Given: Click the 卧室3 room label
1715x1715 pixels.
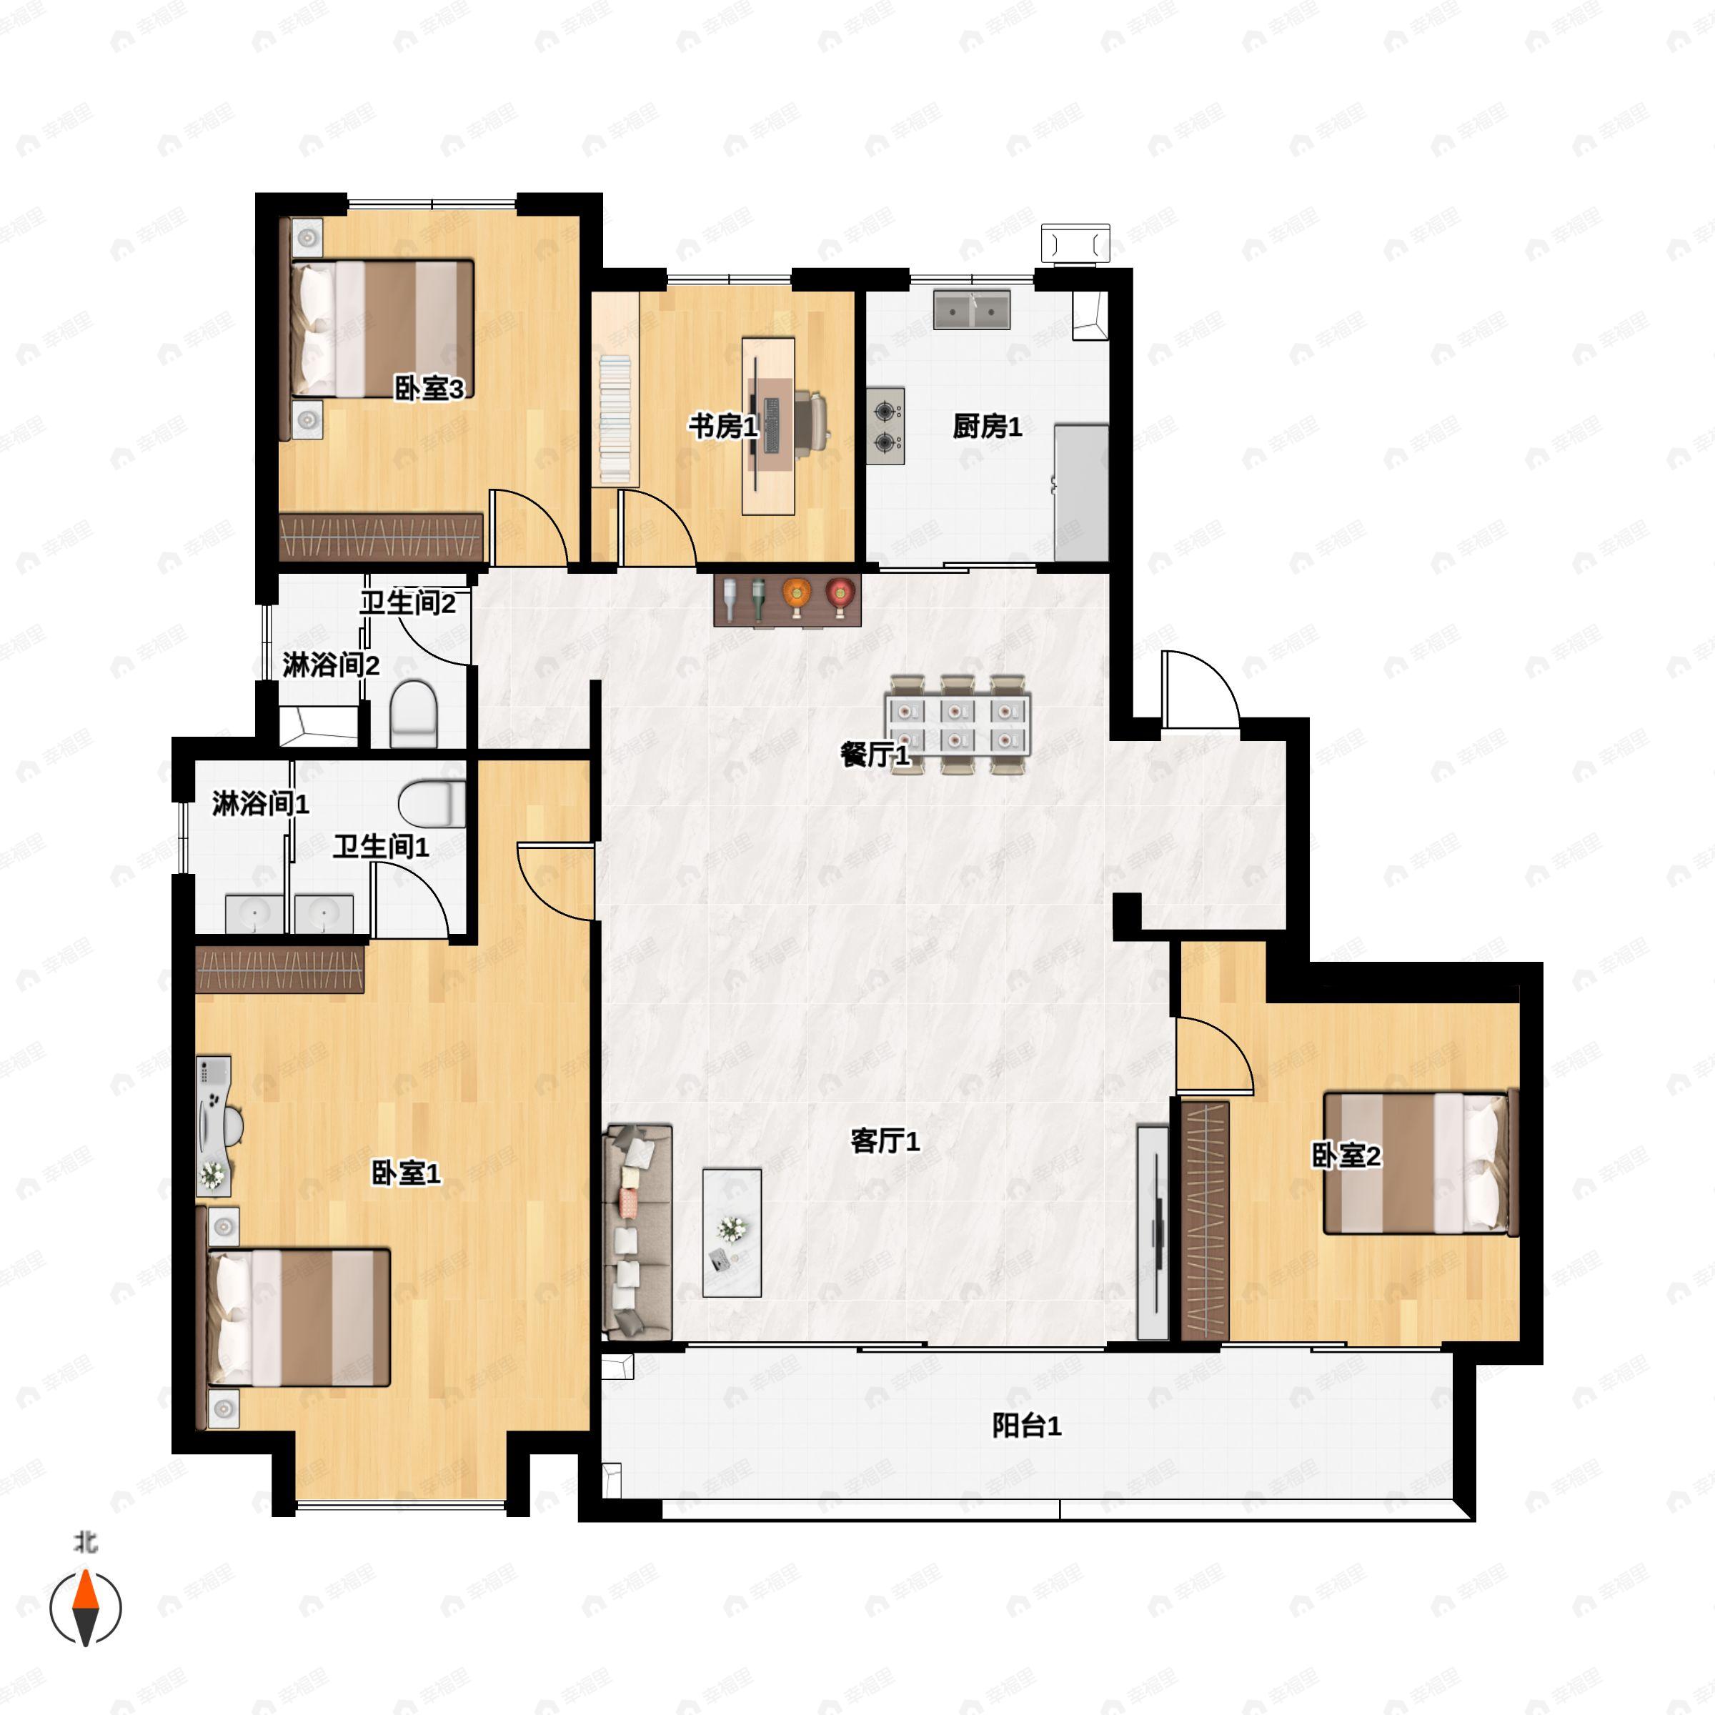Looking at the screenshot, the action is [429, 388].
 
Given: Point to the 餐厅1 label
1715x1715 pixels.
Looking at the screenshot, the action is [875, 755].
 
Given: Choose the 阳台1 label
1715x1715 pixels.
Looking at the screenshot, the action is [1026, 1426].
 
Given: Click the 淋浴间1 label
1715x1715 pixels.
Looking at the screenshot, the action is [260, 803].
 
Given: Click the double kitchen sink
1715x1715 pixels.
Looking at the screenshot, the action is [972, 310].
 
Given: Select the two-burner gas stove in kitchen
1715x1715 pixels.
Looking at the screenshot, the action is [885, 426].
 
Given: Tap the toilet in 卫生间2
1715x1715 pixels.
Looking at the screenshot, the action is [414, 714].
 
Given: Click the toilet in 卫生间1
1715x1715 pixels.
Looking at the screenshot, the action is [432, 803].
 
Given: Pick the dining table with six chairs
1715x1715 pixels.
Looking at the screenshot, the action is [957, 725].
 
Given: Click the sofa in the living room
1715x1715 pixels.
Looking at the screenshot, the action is [637, 1232].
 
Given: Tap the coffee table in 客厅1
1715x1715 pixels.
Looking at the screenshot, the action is [732, 1232].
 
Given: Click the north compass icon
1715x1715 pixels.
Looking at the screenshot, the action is [85, 1606].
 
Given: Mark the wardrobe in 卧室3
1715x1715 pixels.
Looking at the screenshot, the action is [382, 537].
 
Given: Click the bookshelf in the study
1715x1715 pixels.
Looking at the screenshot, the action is [615, 419].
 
